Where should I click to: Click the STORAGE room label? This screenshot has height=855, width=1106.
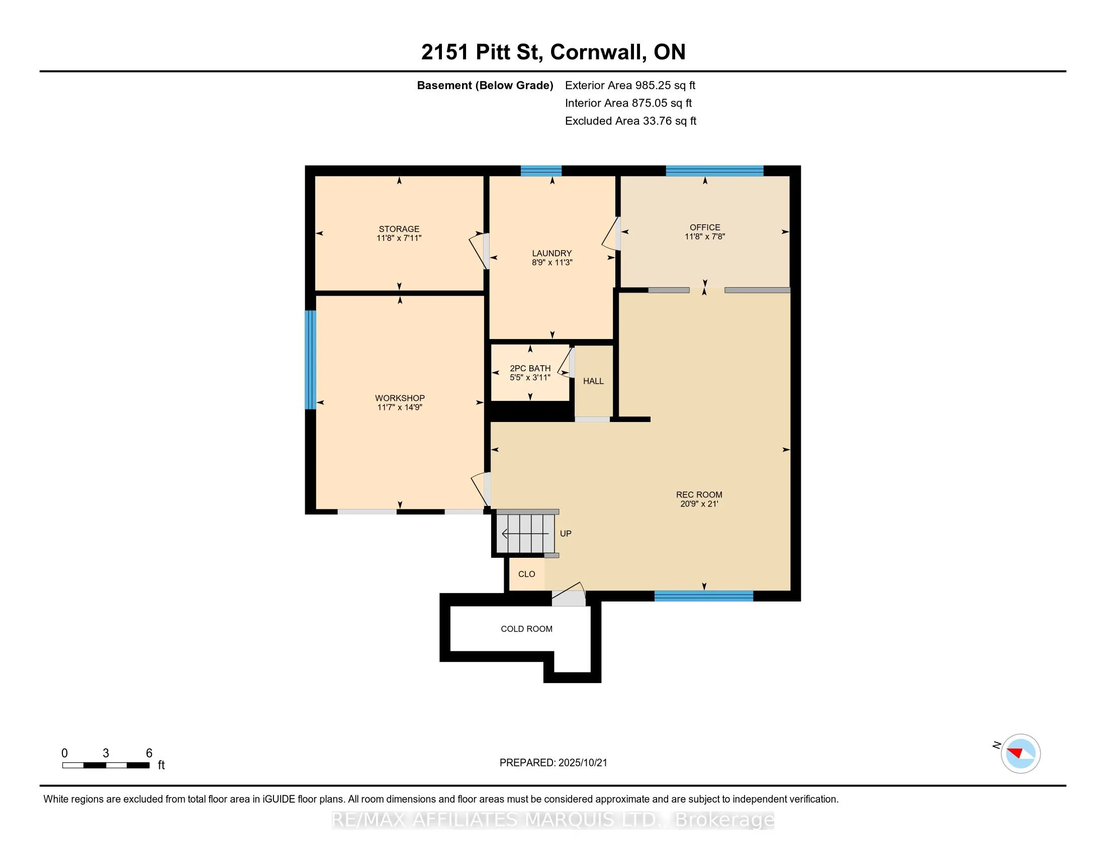pyautogui.click(x=399, y=229)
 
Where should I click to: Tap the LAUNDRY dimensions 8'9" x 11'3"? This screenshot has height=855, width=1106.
pyautogui.click(x=552, y=263)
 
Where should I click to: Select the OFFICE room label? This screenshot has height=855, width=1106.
pyautogui.click(x=705, y=227)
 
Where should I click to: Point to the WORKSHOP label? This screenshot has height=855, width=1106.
pyautogui.click(x=400, y=398)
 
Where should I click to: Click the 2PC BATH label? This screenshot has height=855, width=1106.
pyautogui.click(x=530, y=369)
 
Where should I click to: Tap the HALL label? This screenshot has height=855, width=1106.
pyautogui.click(x=594, y=381)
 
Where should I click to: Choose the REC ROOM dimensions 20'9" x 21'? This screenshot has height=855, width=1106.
pyautogui.click(x=699, y=504)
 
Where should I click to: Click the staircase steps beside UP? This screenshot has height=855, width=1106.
pyautogui.click(x=525, y=534)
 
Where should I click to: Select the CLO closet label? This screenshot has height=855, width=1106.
pyautogui.click(x=527, y=574)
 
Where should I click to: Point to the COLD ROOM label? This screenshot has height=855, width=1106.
pyautogui.click(x=527, y=629)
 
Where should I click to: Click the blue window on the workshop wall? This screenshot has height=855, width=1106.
pyautogui.click(x=310, y=360)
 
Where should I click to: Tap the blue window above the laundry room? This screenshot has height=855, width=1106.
pyautogui.click(x=541, y=170)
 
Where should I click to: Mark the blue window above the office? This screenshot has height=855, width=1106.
pyautogui.click(x=714, y=170)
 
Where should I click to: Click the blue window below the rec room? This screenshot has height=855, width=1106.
pyautogui.click(x=704, y=596)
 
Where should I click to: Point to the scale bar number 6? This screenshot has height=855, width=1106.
pyautogui.click(x=149, y=753)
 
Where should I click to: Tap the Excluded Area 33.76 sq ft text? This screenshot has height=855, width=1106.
pyautogui.click(x=630, y=121)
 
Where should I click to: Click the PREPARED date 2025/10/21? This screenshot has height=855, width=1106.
pyautogui.click(x=582, y=763)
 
